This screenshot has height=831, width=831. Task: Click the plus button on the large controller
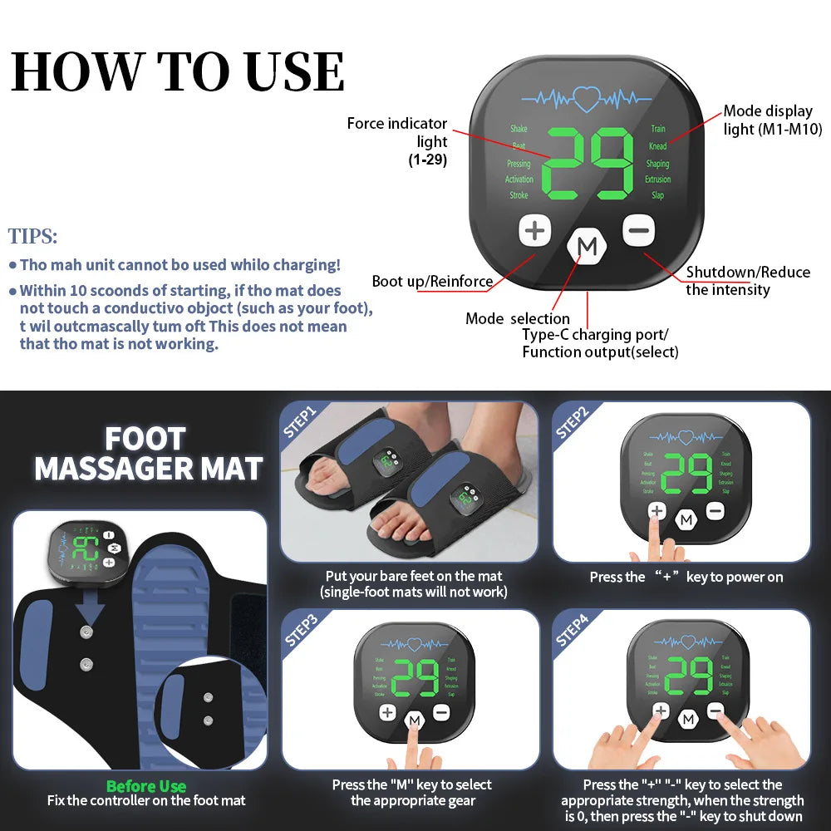(x=536, y=230)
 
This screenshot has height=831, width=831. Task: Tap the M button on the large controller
(x=588, y=247)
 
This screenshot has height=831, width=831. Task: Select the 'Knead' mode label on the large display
(x=657, y=146)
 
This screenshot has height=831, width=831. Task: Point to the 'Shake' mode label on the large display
(x=519, y=129)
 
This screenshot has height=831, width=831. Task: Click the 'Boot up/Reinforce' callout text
(x=432, y=282)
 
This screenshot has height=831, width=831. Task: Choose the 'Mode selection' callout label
(x=518, y=318)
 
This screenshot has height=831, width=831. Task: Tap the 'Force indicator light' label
(x=397, y=133)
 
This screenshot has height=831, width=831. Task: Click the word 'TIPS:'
(x=33, y=236)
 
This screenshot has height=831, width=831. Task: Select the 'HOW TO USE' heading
(x=178, y=71)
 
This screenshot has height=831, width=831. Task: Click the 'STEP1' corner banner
(x=301, y=420)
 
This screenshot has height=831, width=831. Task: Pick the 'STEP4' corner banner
(x=573, y=629)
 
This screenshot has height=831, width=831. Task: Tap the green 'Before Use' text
(x=146, y=786)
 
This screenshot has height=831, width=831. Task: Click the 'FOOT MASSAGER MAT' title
(x=148, y=455)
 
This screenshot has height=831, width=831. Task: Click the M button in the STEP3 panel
(x=414, y=720)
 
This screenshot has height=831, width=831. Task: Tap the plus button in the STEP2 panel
(x=656, y=510)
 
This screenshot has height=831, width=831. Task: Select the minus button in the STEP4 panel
(x=715, y=711)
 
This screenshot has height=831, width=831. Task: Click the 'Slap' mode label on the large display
(x=657, y=195)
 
